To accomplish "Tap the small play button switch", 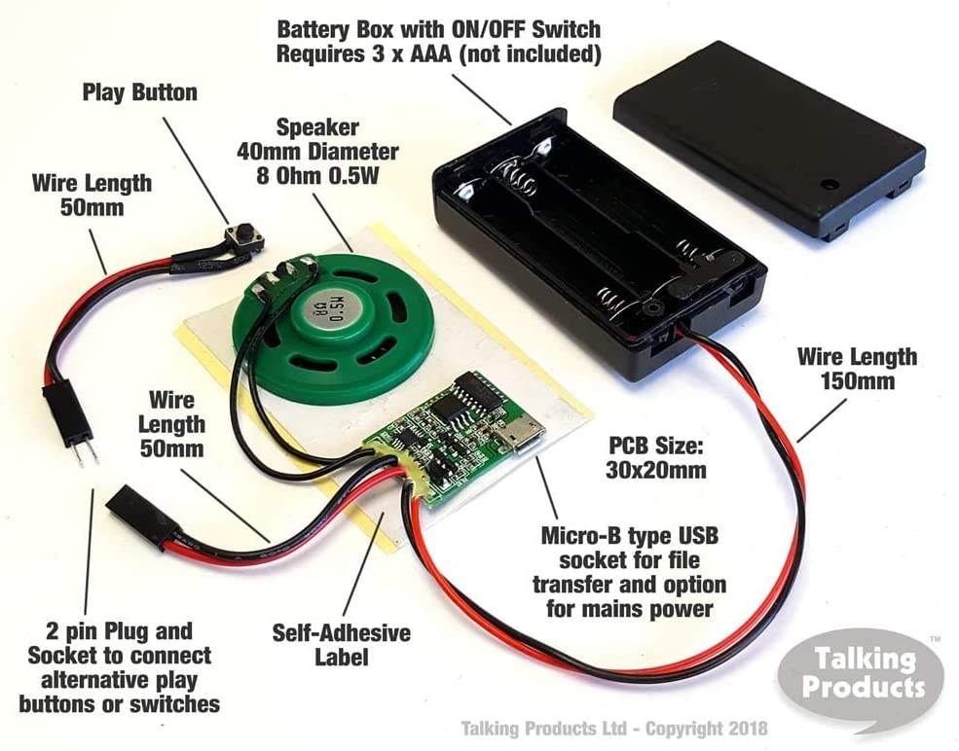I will [237, 236].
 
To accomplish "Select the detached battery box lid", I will [768, 136].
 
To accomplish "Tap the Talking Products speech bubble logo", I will [861, 673].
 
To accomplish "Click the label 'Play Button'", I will [139, 93].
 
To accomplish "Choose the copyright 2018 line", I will [613, 728].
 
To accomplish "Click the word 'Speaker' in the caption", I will [318, 127].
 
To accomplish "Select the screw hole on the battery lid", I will [830, 183].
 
